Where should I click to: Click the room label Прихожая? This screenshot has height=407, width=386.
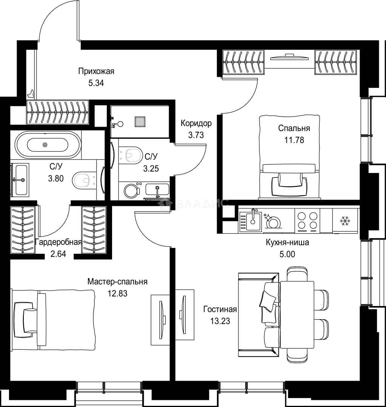pos(96,71)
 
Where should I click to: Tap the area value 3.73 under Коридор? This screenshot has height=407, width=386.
pos(196,135)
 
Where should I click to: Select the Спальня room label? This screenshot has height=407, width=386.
pos(294,128)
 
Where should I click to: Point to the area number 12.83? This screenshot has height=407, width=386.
pos(117,293)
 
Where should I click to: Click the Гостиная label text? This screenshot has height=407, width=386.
pos(220,309)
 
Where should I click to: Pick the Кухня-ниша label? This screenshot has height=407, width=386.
pos(287,242)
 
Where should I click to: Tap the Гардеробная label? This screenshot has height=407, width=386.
pos(58,242)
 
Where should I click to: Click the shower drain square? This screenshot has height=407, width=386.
pos(140,122)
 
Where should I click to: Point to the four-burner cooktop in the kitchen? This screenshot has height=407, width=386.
pos(308,220)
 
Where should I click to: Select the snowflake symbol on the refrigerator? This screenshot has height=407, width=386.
pos(345,221)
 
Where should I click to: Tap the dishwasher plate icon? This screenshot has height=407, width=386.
pos(273,222)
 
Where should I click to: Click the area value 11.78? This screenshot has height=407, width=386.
pos(294,140)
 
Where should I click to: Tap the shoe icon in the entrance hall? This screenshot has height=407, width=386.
pos(31,94)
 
